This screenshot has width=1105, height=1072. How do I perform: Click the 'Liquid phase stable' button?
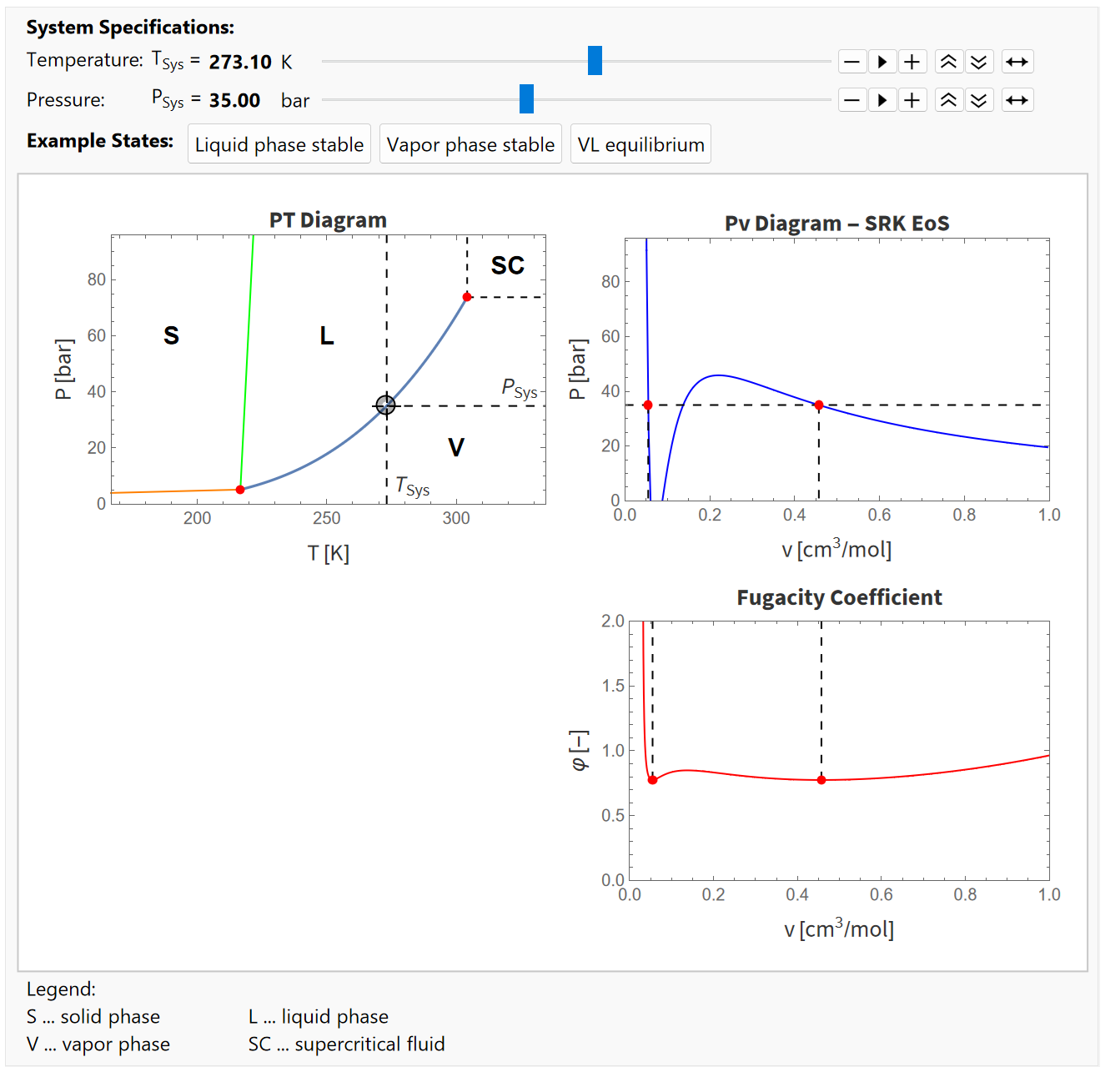pos(279,144)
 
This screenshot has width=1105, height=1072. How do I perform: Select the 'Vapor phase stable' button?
pos(470,144)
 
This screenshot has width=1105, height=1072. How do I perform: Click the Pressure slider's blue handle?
pos(526,99)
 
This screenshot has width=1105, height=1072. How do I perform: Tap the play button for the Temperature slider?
pos(881,62)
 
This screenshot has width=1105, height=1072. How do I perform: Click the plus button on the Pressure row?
pos(912,100)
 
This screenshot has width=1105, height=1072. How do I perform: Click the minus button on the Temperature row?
pos(851,62)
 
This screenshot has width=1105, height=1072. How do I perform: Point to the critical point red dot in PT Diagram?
pos(467,297)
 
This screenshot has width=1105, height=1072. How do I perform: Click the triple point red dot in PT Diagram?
pos(240,490)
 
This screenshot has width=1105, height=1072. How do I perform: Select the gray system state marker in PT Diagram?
pos(385,405)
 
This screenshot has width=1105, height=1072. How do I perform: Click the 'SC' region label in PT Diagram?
pos(507,265)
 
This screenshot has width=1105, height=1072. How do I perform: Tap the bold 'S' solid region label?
pos(171,335)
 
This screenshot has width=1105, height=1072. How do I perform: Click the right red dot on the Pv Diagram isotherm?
pos(819,405)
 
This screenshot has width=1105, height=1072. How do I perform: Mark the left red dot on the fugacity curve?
pos(652,780)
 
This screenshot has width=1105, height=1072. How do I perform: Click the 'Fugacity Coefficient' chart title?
pos(839,597)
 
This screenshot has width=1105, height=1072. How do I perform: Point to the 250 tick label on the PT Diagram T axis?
pos(326,518)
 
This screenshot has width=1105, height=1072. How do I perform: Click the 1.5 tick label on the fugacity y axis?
pos(613,686)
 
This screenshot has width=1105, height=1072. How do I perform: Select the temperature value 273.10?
pos(240,62)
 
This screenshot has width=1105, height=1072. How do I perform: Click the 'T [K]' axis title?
pos(328,553)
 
